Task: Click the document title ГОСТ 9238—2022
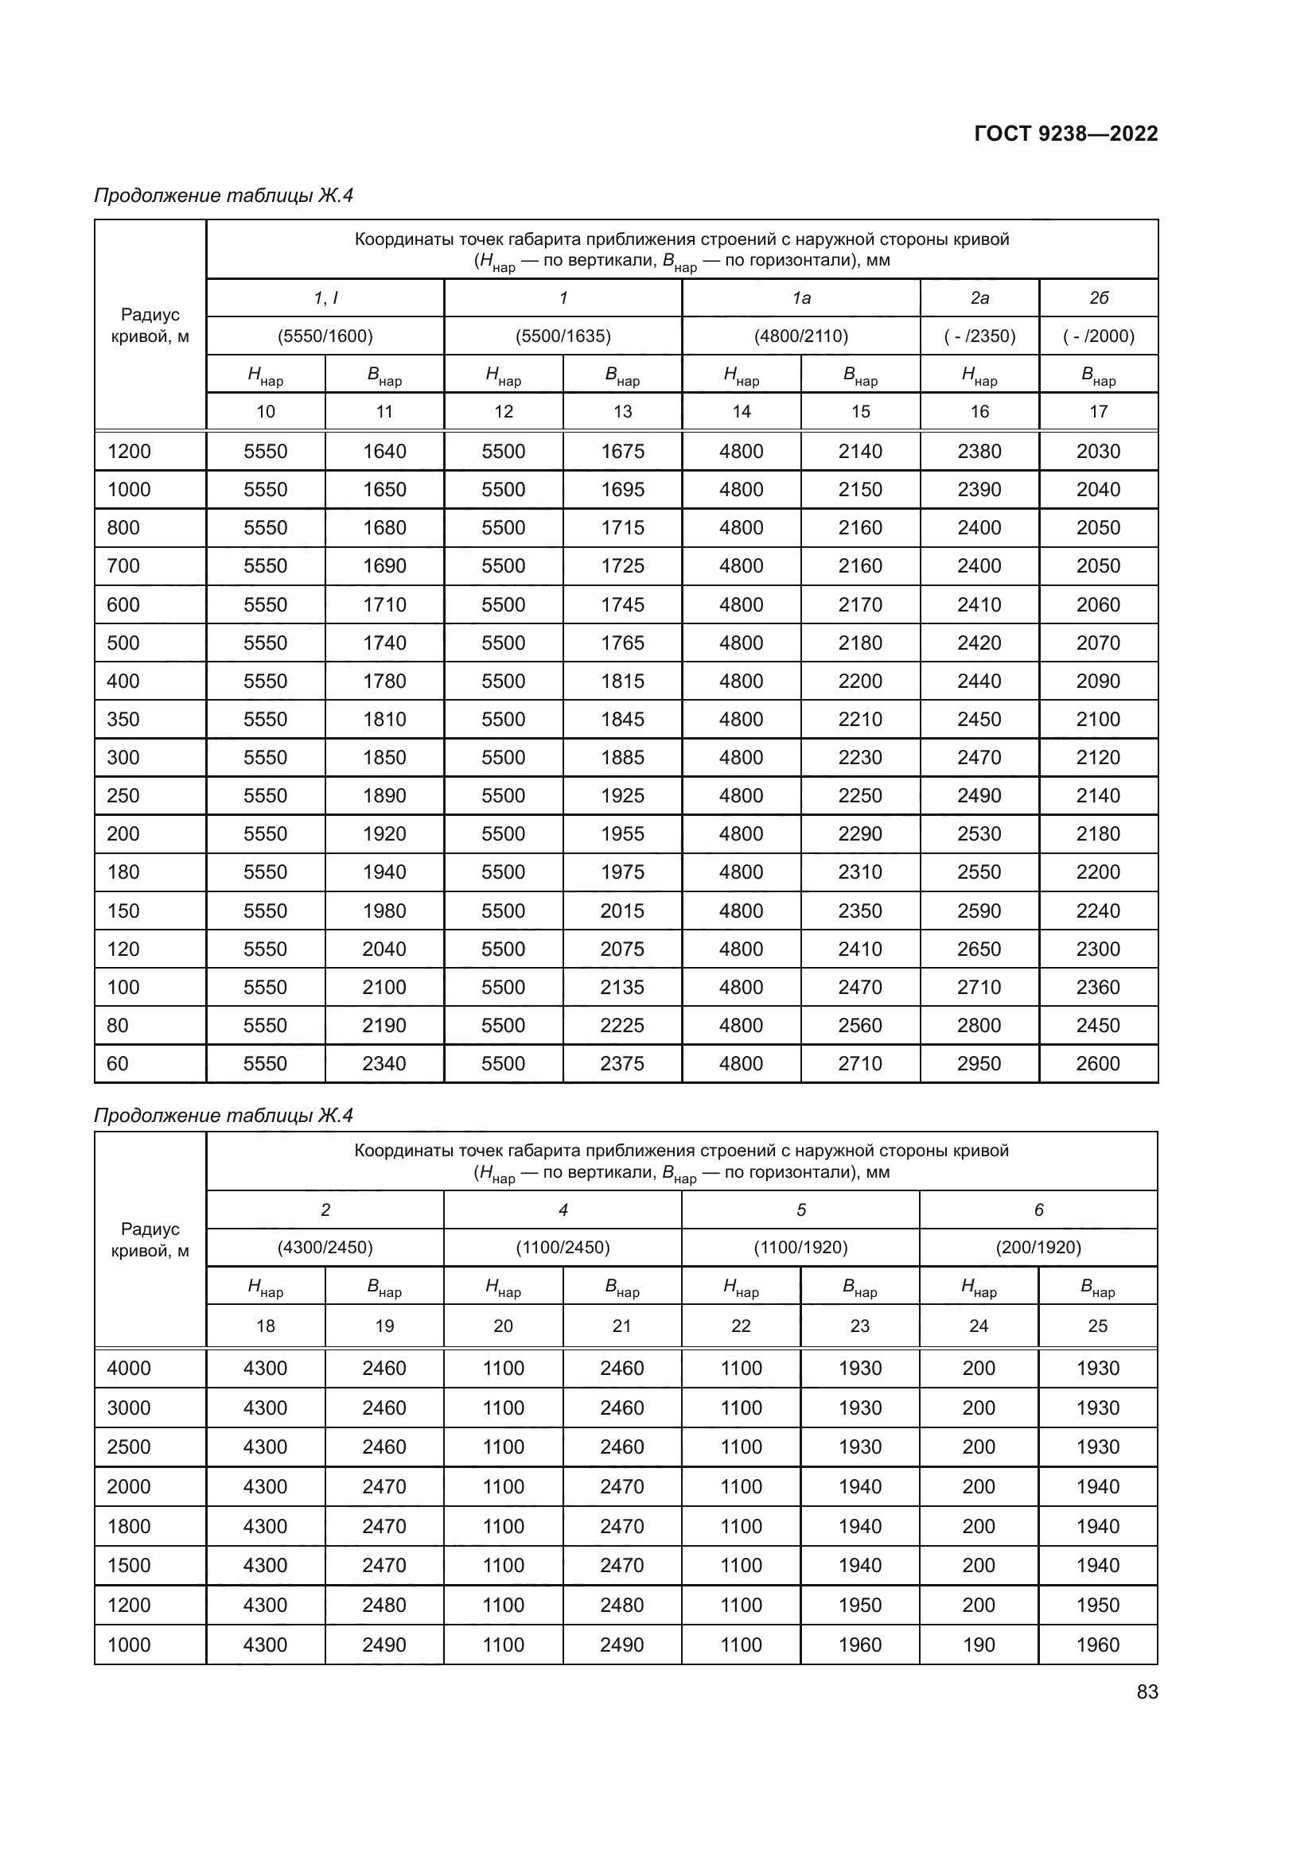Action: coord(1065,134)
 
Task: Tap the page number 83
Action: coord(1147,1691)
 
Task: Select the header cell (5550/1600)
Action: coord(325,336)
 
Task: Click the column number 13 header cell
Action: coord(622,412)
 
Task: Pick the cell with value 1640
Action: coord(384,451)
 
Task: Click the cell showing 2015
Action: coord(622,911)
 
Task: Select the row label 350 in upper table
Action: coord(123,720)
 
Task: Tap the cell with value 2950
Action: coord(979,1063)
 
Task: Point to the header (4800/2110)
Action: coord(800,336)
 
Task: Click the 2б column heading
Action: coord(1098,298)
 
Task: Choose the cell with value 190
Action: coord(979,1644)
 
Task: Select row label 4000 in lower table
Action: coord(129,1369)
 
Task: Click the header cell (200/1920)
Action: coord(1038,1247)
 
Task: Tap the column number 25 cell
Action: coord(1097,1326)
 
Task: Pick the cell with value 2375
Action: coord(622,1063)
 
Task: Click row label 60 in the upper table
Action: coord(118,1063)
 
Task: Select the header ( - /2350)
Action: coord(979,336)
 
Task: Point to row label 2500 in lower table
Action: coord(129,1446)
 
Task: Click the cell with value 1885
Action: coord(622,758)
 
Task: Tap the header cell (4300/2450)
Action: coord(325,1247)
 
